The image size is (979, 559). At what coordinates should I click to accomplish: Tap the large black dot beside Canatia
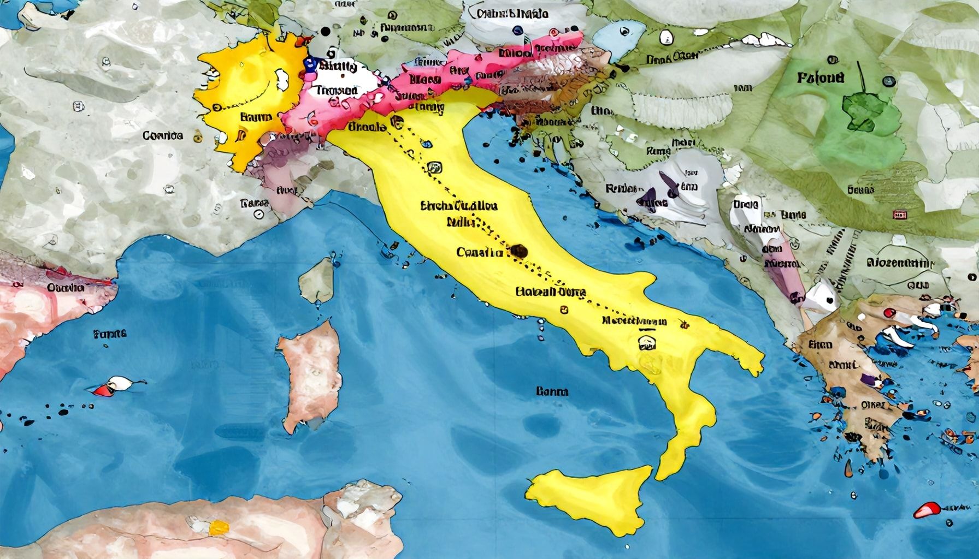coord(518,252)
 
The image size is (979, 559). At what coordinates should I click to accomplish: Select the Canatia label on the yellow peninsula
coord(479,253)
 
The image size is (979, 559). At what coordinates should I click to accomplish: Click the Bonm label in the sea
coord(552,391)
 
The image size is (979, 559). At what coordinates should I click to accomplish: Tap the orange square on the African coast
coord(218,527)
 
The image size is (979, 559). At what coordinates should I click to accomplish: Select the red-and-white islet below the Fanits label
coord(112,385)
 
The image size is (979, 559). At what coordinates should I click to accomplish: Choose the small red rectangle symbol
coord(898,215)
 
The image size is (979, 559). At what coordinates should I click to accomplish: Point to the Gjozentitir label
coord(901,263)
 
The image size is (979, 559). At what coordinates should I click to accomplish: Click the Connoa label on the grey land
coord(162,135)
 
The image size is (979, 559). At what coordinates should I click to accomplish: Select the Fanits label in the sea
coord(110,333)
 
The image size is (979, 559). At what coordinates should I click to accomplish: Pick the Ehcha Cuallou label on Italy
coord(459,206)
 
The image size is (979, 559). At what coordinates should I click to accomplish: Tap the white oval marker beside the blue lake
coord(665,37)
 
